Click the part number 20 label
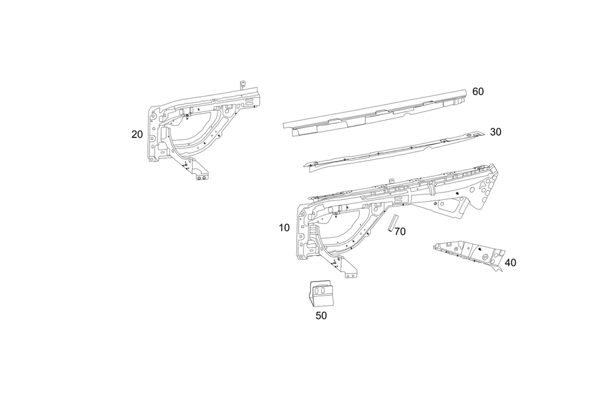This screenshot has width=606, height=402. point(137,134)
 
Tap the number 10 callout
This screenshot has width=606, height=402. point(284,228)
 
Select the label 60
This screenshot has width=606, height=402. point(478,91)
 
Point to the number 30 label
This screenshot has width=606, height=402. point(495,131)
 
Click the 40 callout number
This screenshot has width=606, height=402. point(510,263)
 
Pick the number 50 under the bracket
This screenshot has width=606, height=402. point(321,315)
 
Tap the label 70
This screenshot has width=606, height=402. point(399,231)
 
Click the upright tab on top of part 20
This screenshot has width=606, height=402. point(242,85)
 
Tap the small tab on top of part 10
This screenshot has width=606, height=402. point(391,180)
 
